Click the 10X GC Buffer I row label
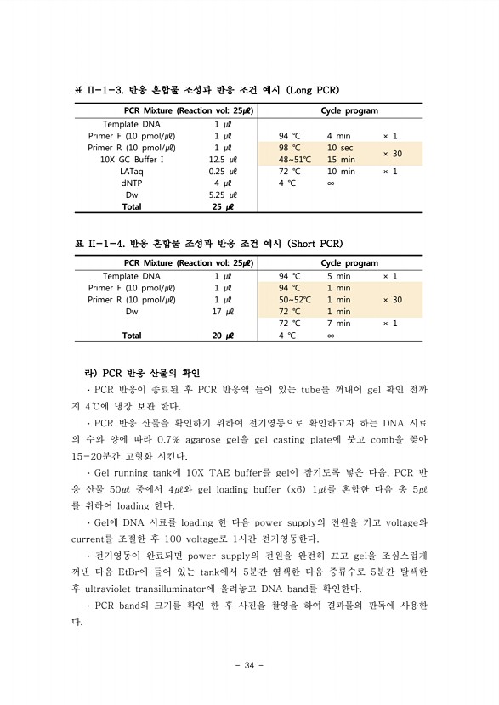pyautogui.click(x=132, y=159)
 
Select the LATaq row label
pyautogui.click(x=132, y=171)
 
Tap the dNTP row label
pyautogui.click(x=132, y=183)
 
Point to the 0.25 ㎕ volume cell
pyautogui.click(x=223, y=171)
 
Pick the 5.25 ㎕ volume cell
pyautogui.click(x=223, y=195)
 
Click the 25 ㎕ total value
pyautogui.click(x=223, y=206)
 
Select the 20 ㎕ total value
pyautogui.click(x=223, y=336)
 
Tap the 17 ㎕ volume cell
pyautogui.click(x=223, y=312)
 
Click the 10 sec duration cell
pyautogui.click(x=341, y=147)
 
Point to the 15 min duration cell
pyautogui.click(x=341, y=159)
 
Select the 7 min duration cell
pyautogui.click(x=338, y=324)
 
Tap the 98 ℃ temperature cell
pyautogui.click(x=290, y=147)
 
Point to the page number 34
pyautogui.click(x=249, y=665)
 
